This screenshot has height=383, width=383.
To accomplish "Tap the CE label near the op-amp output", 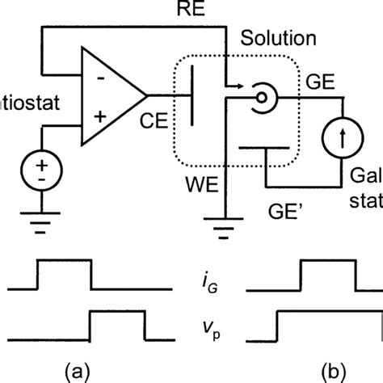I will click(158, 123).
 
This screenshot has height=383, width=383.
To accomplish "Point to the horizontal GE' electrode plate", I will click(264, 148).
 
